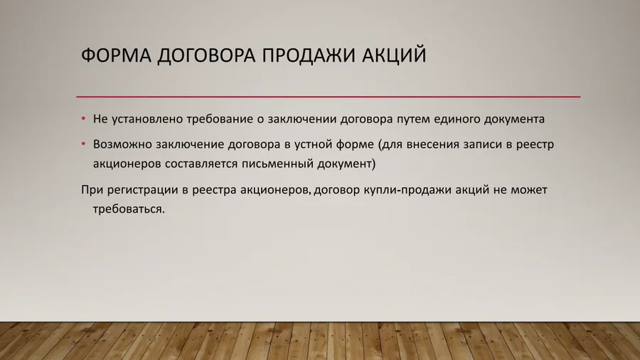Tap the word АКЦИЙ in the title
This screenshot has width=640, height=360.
(x=395, y=55)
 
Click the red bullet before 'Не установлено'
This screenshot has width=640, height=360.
(x=83, y=119)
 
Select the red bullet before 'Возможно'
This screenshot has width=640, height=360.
(x=83, y=144)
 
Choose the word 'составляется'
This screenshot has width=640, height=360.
(x=201, y=164)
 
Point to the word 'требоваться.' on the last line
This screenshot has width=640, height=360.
(x=129, y=210)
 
